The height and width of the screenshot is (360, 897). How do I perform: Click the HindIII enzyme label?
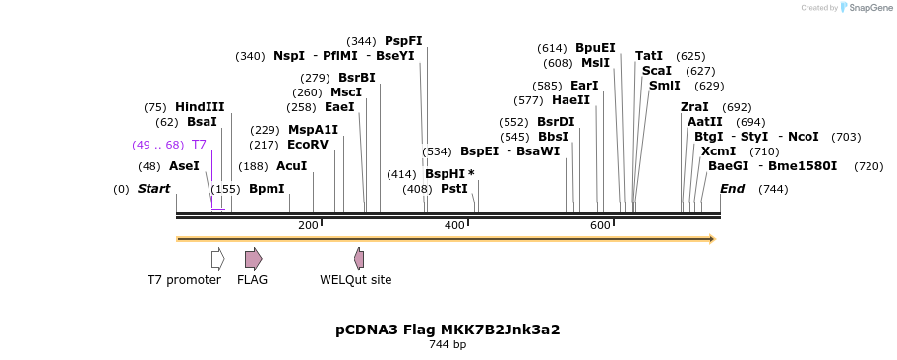(200, 107)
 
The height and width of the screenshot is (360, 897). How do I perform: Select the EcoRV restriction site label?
(308, 145)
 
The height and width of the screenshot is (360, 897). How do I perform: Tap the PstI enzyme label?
(453, 189)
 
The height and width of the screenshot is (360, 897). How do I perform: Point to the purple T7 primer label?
(199, 145)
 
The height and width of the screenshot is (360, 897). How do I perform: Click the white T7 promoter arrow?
(217, 259)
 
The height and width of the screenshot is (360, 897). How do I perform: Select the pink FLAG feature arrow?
(253, 259)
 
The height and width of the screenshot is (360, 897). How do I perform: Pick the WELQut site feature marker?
(359, 259)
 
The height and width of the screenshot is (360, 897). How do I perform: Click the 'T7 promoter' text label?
(184, 280)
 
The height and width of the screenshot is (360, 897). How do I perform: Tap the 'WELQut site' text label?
(355, 280)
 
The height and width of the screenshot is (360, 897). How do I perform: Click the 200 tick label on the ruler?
(308, 226)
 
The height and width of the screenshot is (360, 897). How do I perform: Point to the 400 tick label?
(454, 226)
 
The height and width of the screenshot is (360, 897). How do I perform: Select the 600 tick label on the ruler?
(600, 226)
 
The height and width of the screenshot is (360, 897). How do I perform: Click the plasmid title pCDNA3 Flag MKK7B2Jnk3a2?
(448, 330)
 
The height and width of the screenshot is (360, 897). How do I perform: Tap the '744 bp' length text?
(448, 345)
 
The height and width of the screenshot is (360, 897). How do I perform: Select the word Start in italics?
(153, 189)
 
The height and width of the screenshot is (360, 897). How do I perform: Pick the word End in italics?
(732, 189)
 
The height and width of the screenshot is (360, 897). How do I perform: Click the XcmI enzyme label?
(718, 151)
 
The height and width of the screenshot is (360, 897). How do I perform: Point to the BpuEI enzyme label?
(595, 48)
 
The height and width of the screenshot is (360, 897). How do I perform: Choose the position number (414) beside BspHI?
(401, 174)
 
